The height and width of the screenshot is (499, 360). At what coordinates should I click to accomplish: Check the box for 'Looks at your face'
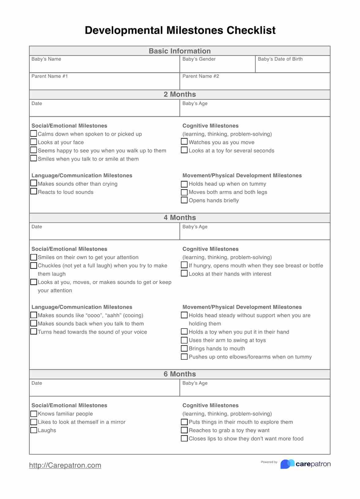point(34,142)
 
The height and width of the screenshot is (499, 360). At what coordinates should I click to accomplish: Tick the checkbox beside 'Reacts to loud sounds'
point(34,191)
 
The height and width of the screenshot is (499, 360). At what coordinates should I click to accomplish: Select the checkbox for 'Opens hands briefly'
point(184,200)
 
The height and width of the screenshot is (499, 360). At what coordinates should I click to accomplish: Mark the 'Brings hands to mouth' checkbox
point(184,348)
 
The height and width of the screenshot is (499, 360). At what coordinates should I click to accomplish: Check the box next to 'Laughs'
point(34,430)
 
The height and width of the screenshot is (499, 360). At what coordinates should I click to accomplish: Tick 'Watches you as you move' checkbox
point(184,142)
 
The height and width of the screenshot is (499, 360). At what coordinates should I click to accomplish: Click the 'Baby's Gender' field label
point(199,59)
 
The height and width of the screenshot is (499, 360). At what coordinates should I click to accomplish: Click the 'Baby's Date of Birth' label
point(280,59)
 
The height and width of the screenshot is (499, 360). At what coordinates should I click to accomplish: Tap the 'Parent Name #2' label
point(201,76)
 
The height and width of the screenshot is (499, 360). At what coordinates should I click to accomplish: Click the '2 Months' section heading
point(180,94)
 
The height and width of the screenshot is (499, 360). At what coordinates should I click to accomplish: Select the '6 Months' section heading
point(180,374)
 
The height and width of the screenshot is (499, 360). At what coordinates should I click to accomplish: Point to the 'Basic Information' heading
point(180,51)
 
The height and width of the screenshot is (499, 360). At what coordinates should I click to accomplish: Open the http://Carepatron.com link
point(65,465)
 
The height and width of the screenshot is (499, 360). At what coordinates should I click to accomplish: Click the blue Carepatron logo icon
point(287,464)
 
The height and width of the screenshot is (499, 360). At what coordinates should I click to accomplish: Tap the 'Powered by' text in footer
point(269,462)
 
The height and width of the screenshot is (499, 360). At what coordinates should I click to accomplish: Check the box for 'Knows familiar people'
point(34,414)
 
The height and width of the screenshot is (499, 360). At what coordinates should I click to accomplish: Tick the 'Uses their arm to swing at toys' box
point(184,340)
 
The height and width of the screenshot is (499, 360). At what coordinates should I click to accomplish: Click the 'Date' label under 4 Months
point(37,227)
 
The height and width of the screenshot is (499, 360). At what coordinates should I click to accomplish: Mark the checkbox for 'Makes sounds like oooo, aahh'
point(34,315)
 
